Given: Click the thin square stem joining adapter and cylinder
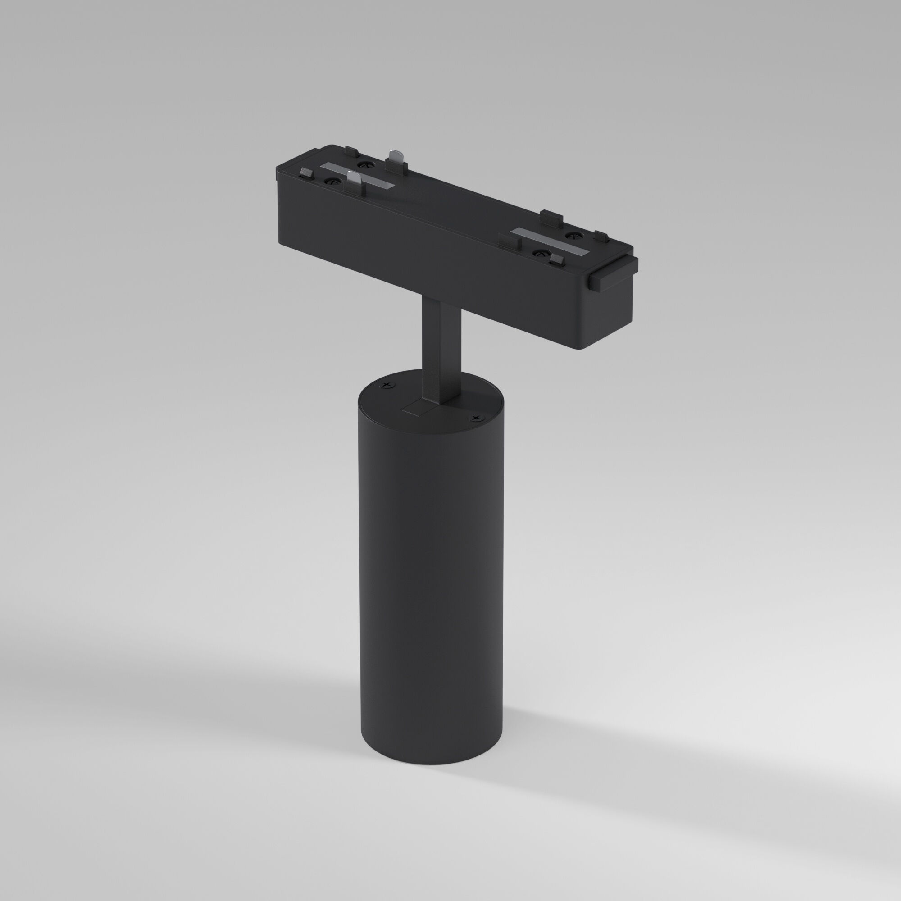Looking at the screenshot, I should (x=441, y=345).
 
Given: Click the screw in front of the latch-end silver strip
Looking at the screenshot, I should (x=540, y=253).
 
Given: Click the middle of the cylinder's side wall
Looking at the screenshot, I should (x=429, y=583).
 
